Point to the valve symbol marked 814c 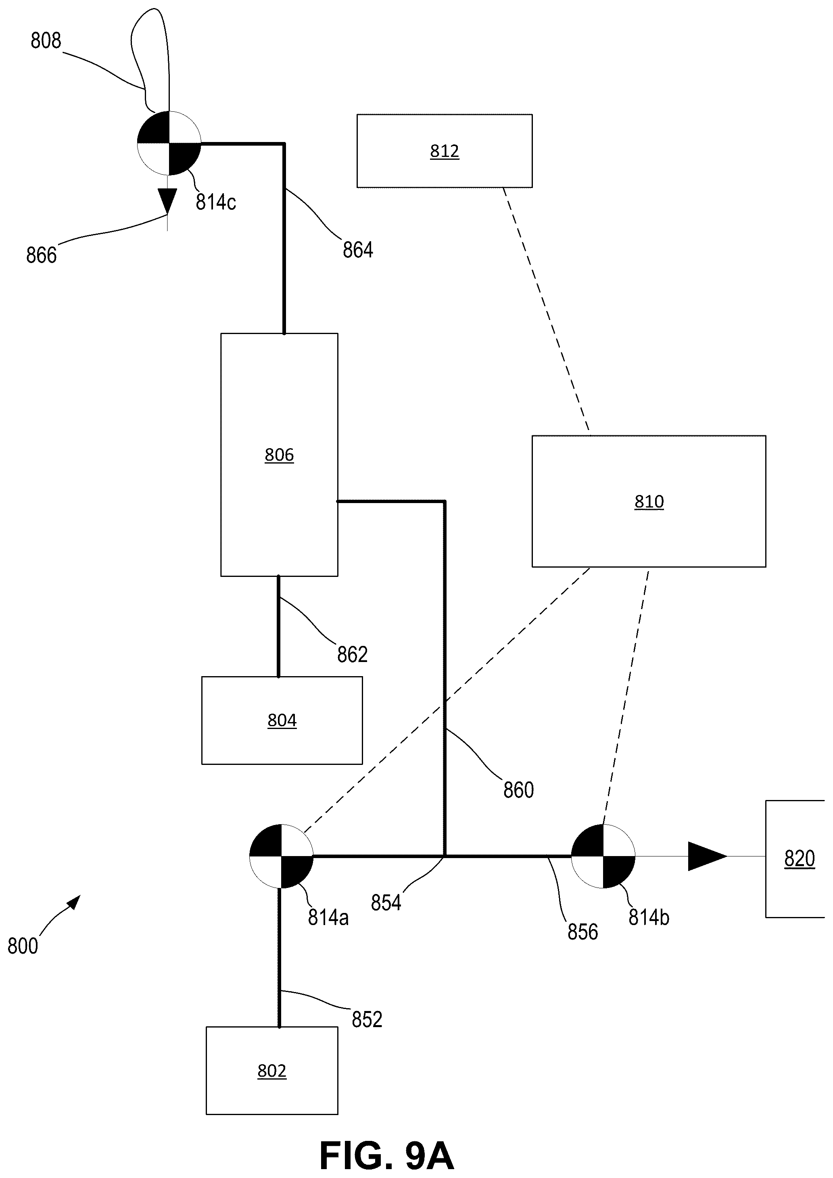(169, 143)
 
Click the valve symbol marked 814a (281, 856)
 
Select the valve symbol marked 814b (603, 856)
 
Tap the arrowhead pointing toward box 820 (707, 856)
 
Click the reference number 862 (353, 655)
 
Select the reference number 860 (519, 790)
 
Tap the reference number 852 (367, 1019)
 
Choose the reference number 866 (42, 255)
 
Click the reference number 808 (46, 40)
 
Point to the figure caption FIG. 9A (387, 1152)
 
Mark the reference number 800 (23, 946)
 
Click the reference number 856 (582, 932)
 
